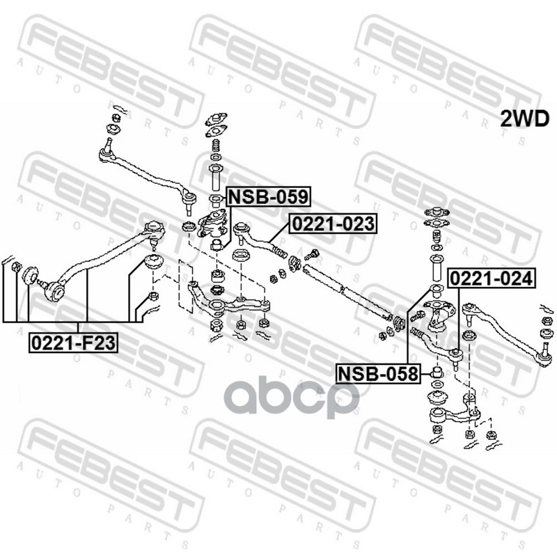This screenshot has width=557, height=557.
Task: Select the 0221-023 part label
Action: pyautogui.click(x=332, y=224)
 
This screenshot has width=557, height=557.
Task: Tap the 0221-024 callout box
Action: pyautogui.click(x=492, y=278)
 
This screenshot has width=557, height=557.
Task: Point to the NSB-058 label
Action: pyautogui.click(x=379, y=374)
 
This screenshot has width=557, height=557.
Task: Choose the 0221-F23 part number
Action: pyautogui.click(x=73, y=342)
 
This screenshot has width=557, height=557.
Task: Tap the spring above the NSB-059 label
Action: pyautogui.click(x=215, y=148)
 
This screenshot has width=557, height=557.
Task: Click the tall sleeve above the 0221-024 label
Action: pyautogui.click(x=437, y=268)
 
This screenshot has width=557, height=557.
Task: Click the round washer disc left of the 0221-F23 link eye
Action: pyautogui.click(x=29, y=276)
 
